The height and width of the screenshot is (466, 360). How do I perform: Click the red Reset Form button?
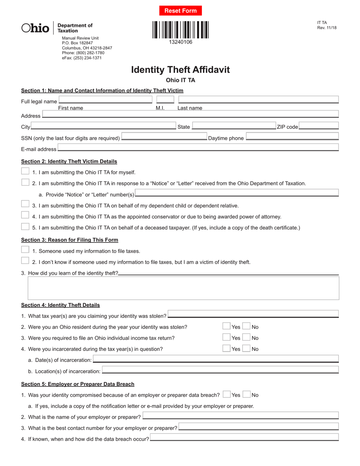coord(180,11)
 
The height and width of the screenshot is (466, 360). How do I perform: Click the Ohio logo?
coord(35,28)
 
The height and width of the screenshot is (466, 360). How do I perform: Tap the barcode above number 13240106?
coord(180,30)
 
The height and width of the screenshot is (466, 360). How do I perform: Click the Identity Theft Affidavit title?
coord(180,70)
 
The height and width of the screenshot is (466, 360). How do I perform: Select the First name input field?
coord(105,100)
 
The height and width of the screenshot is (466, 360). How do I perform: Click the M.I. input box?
coord(165,100)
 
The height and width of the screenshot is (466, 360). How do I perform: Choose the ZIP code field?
coord(319,126)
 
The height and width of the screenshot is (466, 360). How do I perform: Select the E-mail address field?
coord(198,148)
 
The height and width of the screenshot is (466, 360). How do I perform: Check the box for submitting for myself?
coord(25,171)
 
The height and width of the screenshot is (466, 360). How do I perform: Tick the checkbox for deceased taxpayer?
coord(25,227)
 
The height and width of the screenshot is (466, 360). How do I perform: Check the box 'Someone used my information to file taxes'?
coord(25,250)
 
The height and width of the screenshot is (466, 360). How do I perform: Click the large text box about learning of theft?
coord(183,288)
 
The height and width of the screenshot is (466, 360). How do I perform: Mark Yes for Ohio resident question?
coord(226,326)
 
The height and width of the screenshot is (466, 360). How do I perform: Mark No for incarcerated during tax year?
coord(246,348)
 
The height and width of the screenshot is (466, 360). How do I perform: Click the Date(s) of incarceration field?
coord(216,359)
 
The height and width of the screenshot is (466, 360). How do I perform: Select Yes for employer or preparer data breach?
coord(227,394)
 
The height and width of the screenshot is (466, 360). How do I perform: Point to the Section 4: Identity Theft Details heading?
coord(61,305)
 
